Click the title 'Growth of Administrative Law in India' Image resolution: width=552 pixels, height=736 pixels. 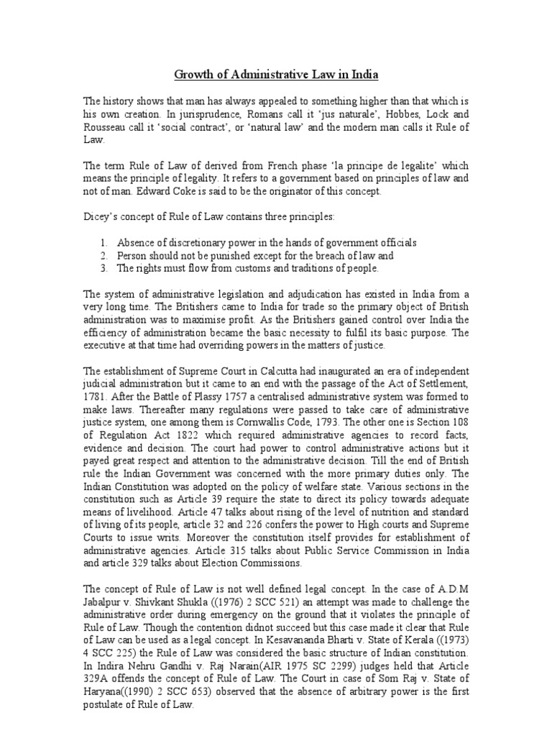[275, 74]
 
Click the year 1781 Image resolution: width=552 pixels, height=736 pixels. [96, 395]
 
